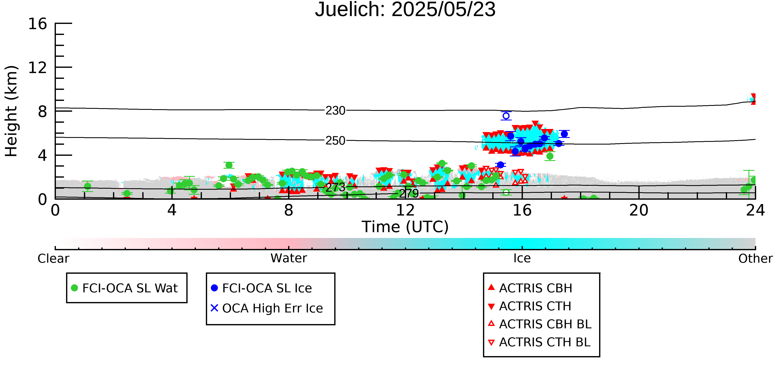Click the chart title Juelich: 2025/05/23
point(405,10)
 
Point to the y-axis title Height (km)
point(11,111)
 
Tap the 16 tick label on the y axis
point(38,24)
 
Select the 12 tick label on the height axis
point(38,68)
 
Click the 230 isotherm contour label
point(335,111)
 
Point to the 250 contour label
point(335,141)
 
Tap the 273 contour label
point(335,187)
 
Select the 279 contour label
point(409,193)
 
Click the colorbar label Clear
point(53,259)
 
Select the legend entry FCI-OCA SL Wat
point(124,288)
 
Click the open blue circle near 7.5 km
point(506,116)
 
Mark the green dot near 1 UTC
point(87,186)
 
